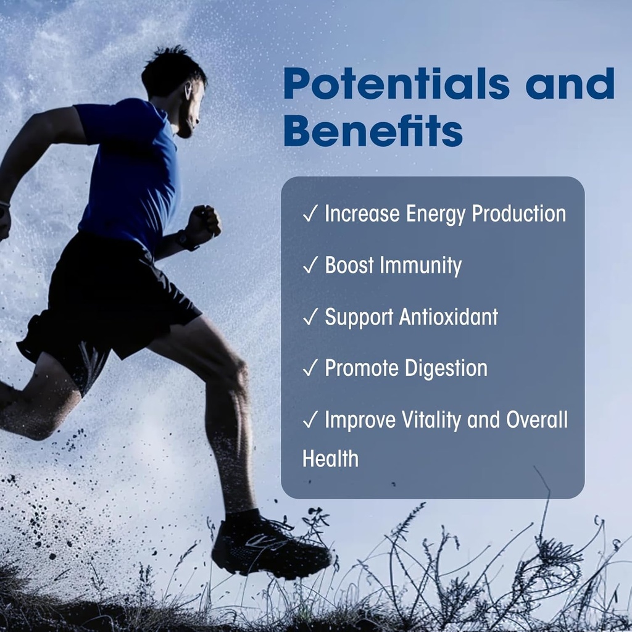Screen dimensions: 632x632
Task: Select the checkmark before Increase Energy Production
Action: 310,214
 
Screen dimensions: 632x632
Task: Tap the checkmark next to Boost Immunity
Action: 310,266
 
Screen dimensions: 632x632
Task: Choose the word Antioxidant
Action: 448,317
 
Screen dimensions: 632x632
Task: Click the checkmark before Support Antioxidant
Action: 310,317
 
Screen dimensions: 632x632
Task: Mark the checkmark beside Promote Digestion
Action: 310,369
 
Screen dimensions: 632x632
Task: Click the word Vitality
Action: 432,420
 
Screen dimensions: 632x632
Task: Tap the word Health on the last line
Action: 330,459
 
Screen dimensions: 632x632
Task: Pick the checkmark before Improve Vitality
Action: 310,420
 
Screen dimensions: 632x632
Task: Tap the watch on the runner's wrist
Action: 185,239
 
